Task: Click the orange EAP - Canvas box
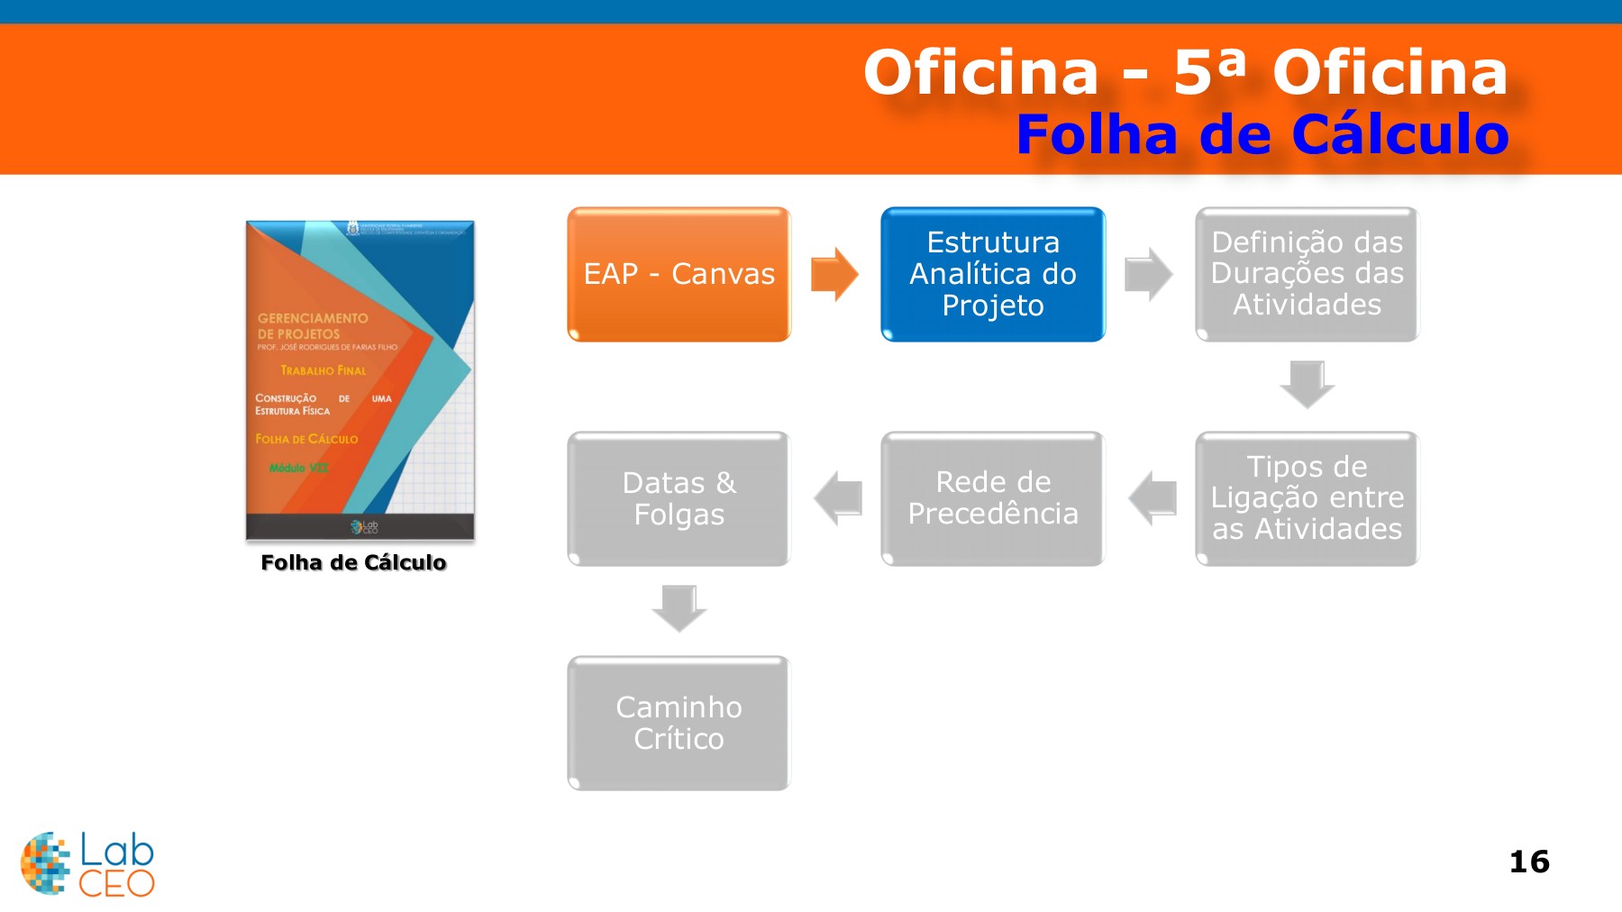pos(679,274)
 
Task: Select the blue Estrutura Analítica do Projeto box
pos(992,274)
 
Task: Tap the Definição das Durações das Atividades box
pos(1307,274)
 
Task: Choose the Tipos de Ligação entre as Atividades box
pos(1307,498)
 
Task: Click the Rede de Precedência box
pos(992,498)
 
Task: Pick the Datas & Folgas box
pos(679,498)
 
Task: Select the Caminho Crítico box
pos(679,723)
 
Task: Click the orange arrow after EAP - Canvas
pos(834,274)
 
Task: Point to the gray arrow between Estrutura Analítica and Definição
pos(1148,274)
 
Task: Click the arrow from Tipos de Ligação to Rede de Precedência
pos(1152,498)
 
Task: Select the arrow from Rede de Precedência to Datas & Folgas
pos(838,498)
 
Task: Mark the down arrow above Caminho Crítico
pos(679,608)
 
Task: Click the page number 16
pos(1529,862)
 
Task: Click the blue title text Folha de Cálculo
pos(1262,135)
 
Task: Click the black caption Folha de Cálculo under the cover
pos(353,562)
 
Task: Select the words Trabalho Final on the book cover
pos(323,370)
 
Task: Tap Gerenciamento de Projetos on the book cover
pos(312,325)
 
